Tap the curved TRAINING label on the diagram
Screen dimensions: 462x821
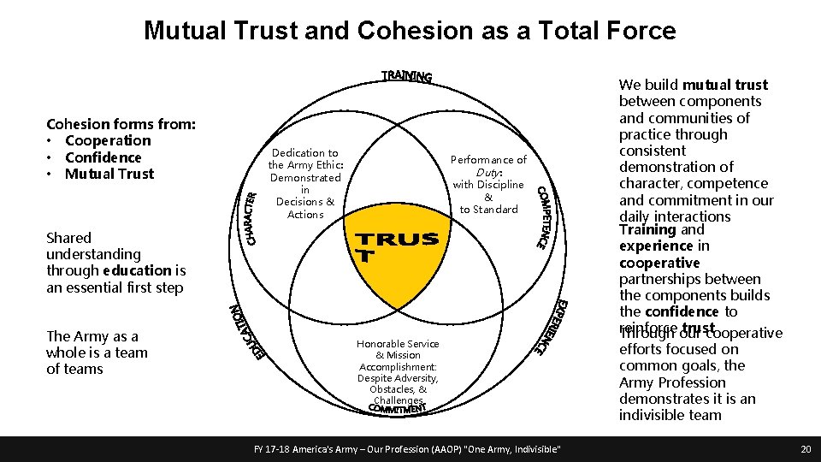click(x=406, y=76)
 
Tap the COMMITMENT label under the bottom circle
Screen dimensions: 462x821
click(x=397, y=409)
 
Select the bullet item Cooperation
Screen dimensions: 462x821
click(x=108, y=140)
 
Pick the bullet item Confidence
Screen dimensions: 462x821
click(x=103, y=157)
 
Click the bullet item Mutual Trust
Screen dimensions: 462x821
click(x=109, y=174)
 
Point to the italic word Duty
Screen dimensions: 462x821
click(x=487, y=172)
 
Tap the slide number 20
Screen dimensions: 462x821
click(x=805, y=449)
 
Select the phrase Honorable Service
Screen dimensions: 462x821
click(x=398, y=344)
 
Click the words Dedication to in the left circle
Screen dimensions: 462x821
click(x=305, y=153)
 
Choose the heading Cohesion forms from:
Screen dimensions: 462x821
click(x=121, y=124)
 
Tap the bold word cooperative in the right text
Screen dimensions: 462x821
click(x=659, y=263)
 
